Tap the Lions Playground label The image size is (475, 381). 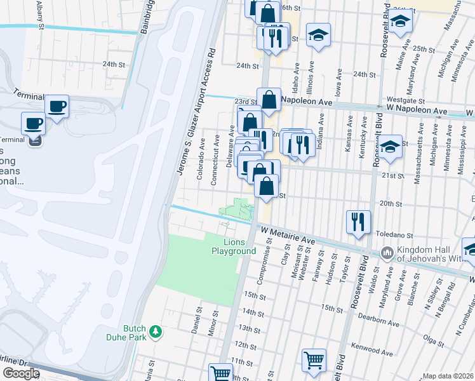233,246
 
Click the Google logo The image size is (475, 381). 21,373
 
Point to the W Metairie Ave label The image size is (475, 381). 288,236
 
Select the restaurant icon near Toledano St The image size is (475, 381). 358,222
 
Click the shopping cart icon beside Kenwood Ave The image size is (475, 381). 314,361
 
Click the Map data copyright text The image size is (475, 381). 448,376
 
